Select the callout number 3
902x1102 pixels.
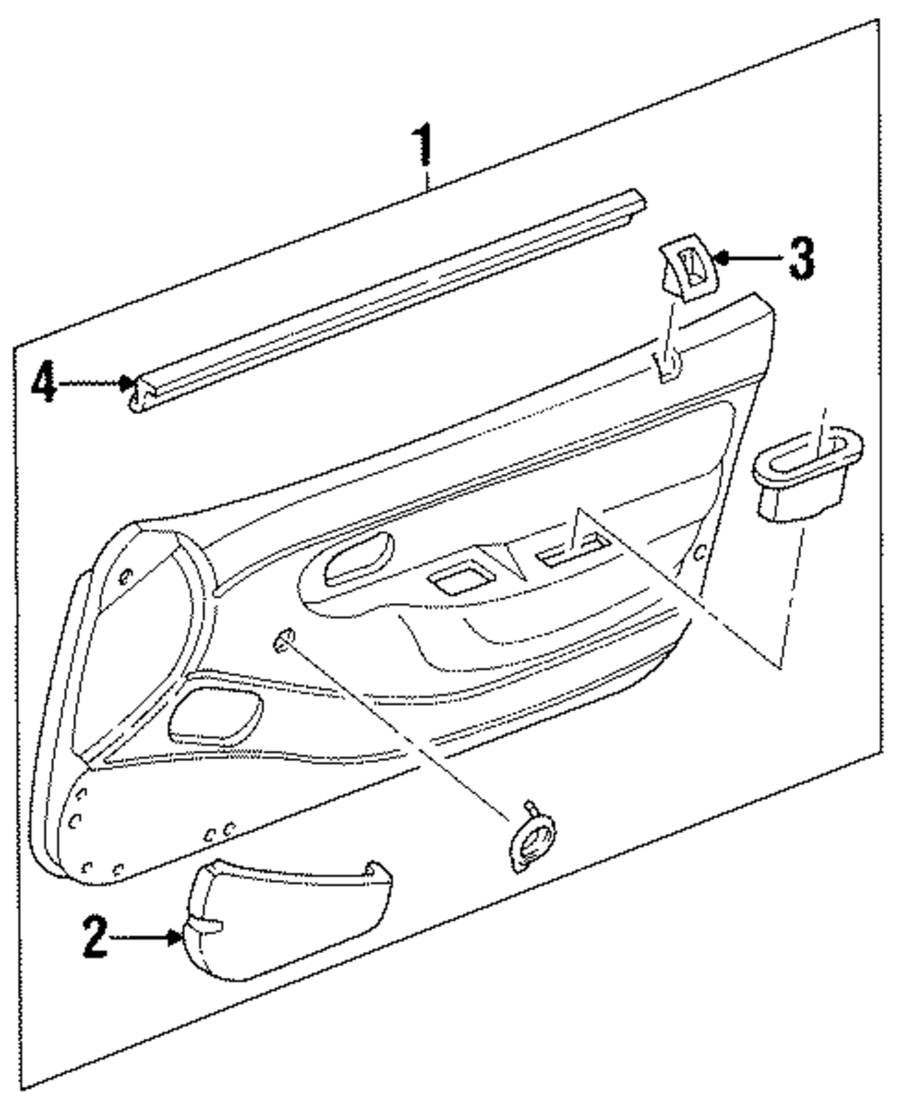tap(797, 260)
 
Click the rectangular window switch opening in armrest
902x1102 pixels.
tap(574, 550)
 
